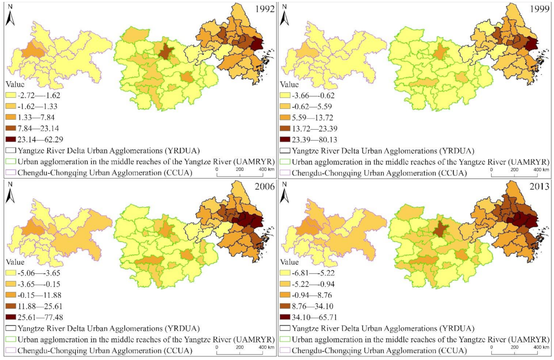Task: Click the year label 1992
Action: coord(265,9)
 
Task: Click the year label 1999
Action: coord(539,9)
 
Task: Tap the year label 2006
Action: coord(265,186)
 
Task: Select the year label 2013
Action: coord(539,186)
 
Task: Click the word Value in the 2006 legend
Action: coord(15,262)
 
